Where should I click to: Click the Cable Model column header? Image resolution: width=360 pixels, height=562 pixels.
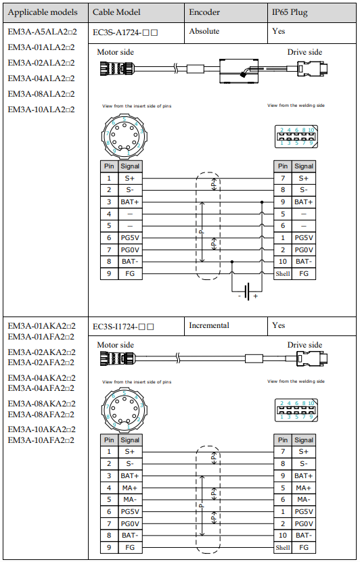(116, 12)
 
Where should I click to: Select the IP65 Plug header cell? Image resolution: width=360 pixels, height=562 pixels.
(290, 12)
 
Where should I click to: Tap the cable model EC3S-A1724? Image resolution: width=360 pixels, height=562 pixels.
(125, 32)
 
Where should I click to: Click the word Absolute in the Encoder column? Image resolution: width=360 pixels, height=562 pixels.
(204, 31)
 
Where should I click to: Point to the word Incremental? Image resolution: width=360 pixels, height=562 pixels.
(209, 325)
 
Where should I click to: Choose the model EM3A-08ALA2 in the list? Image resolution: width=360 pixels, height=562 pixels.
(41, 94)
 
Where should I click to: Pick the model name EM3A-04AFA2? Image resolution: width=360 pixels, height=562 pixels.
(41, 388)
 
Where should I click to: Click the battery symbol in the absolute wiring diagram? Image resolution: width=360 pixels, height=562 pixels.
(247, 291)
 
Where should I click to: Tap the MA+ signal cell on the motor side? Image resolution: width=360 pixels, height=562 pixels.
(130, 488)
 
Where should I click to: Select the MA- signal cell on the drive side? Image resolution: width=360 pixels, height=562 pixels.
(304, 500)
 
